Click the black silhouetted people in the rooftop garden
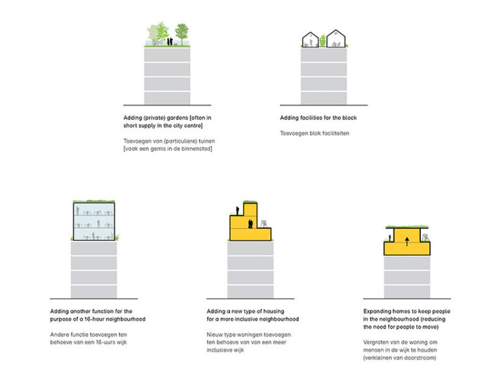[x=169, y=40]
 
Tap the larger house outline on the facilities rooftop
[x=337, y=39]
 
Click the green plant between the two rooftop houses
[x=322, y=41]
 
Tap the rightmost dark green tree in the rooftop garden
[x=182, y=32]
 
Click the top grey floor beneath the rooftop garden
[x=168, y=54]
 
